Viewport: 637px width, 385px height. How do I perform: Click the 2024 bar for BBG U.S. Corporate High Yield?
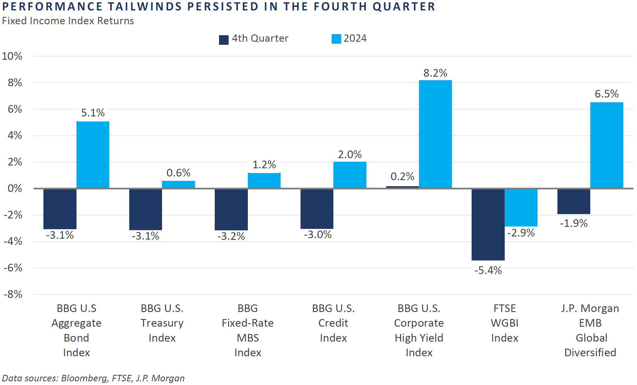(435, 134)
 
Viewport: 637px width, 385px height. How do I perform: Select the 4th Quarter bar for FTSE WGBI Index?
(488, 225)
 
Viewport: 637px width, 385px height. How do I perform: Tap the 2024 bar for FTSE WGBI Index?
(521, 208)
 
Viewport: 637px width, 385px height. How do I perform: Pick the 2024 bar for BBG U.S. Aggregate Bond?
(93, 155)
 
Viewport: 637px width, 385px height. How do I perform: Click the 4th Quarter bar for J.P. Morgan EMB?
(573, 202)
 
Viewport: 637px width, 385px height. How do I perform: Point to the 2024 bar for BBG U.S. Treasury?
(178, 184)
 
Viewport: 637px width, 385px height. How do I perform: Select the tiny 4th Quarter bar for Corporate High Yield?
(402, 187)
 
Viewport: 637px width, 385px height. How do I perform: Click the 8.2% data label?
(435, 73)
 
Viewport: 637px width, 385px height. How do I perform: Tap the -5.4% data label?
(488, 270)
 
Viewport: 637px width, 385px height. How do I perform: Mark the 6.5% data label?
(607, 94)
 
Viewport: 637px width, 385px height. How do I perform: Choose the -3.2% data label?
(231, 236)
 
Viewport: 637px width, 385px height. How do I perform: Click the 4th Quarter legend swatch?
(224, 40)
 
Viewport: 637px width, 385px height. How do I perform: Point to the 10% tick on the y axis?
(12, 56)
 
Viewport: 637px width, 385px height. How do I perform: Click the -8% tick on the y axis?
(13, 294)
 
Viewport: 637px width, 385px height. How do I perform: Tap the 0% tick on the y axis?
(15, 188)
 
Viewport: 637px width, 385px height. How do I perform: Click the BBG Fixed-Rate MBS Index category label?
(248, 330)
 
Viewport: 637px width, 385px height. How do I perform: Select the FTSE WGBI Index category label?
(505, 323)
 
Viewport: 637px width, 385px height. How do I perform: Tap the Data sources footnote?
(93, 378)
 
